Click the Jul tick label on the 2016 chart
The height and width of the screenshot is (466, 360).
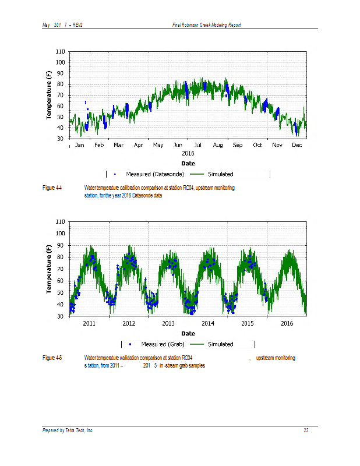click(198, 144)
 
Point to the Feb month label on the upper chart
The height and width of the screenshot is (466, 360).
click(99, 144)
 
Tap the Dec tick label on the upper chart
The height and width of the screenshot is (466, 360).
click(297, 144)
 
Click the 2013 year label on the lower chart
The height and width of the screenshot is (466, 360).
click(168, 323)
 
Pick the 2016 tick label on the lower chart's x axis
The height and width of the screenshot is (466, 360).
click(287, 323)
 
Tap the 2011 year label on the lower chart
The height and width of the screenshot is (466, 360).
click(89, 323)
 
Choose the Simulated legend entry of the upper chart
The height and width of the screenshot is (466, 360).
click(220, 174)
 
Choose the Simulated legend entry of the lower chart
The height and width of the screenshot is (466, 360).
click(220, 344)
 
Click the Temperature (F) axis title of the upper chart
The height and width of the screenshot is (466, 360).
click(50, 95)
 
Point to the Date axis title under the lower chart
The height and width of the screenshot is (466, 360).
click(188, 333)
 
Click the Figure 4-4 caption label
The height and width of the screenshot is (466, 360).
click(52, 188)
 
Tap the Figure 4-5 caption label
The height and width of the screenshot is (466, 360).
click(52, 358)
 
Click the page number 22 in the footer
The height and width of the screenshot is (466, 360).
click(306, 430)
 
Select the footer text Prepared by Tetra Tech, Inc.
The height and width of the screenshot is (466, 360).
click(68, 430)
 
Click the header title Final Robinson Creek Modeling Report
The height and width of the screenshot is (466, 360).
click(207, 24)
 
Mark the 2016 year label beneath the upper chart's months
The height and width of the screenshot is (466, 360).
click(188, 153)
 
